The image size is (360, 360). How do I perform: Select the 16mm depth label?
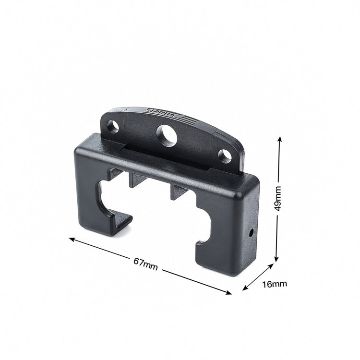[x=275, y=284]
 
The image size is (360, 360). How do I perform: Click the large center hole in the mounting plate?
[x=167, y=135]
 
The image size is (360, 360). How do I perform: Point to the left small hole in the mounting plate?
[x=112, y=127]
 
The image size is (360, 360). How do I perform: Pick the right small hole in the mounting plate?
[x=225, y=156]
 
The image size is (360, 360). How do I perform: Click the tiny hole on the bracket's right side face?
[x=251, y=234]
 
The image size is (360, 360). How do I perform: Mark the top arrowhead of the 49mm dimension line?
[x=279, y=139]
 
